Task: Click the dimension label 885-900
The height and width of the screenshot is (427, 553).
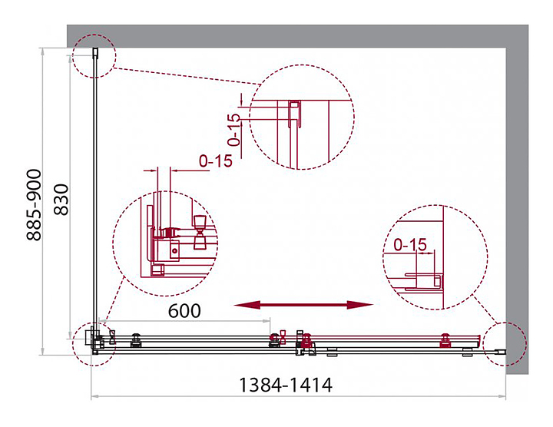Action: pyautogui.click(x=35, y=205)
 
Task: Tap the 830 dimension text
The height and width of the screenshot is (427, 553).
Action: pyautogui.click(x=61, y=200)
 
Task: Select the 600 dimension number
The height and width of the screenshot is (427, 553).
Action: pyautogui.click(x=184, y=310)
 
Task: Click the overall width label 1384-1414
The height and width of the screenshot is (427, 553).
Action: pyautogui.click(x=286, y=385)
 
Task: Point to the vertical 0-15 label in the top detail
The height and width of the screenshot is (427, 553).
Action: pyautogui.click(x=233, y=130)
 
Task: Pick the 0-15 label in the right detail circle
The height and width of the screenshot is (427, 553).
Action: pyautogui.click(x=410, y=244)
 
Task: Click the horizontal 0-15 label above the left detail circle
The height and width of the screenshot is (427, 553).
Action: pyautogui.click(x=216, y=161)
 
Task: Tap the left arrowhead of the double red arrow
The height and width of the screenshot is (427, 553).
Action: pyautogui.click(x=247, y=305)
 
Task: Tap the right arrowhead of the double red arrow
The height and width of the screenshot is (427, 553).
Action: pyautogui.click(x=359, y=305)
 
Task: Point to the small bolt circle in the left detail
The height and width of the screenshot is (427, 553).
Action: pyautogui.click(x=174, y=251)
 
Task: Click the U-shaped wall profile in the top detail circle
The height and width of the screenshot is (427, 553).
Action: pyautogui.click(x=294, y=114)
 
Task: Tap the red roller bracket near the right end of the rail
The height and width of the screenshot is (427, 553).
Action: pyautogui.click(x=445, y=341)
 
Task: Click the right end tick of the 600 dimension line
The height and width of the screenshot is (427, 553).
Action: pyautogui.click(x=270, y=321)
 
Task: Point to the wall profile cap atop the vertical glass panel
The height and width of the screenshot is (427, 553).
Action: pyautogui.click(x=95, y=51)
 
